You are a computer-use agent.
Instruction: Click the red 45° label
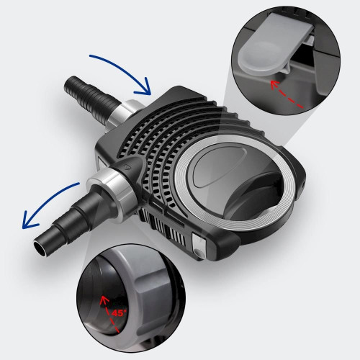[x=119, y=313]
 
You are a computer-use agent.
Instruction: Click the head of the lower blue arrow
[x=28, y=220]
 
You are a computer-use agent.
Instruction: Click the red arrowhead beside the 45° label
[x=104, y=300]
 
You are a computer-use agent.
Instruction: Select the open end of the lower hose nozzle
[x=40, y=248]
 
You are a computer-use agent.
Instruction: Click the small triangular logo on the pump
[x=126, y=166]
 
